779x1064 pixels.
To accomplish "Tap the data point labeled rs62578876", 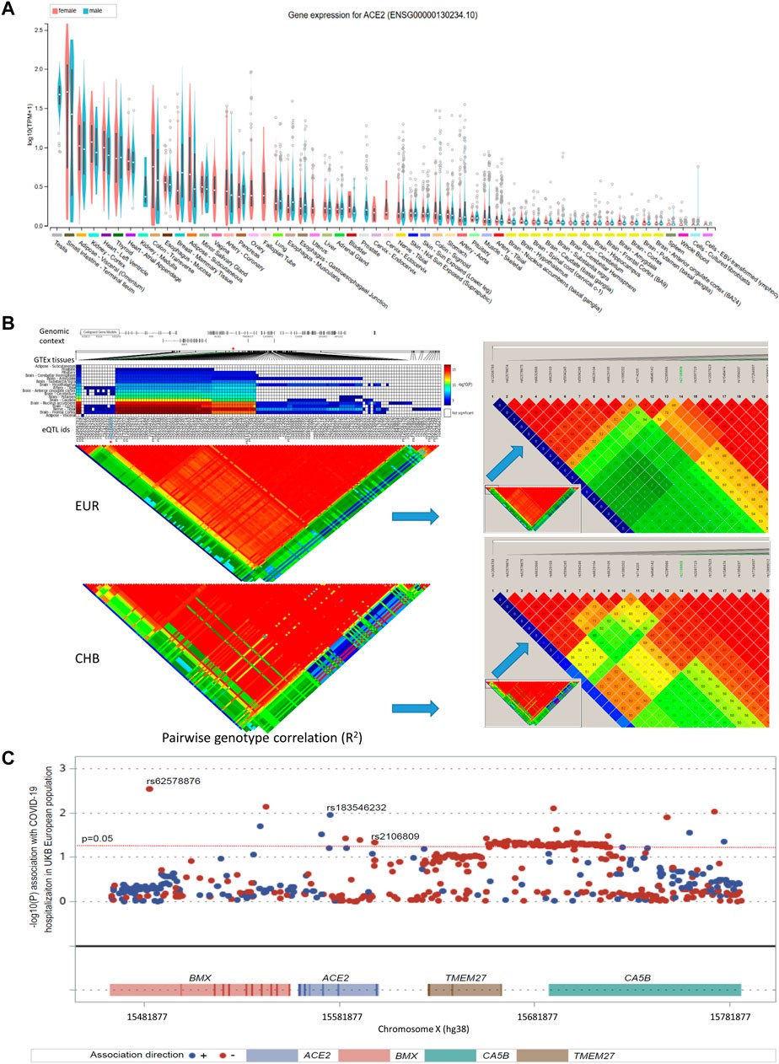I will pos(149,787).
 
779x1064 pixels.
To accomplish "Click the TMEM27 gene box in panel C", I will pos(462,990).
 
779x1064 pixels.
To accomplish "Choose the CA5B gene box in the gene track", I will pos(644,990).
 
